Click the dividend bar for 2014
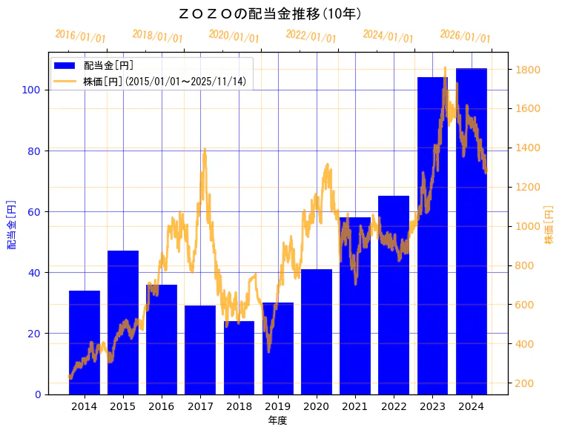[x=85, y=342]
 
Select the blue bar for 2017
[x=200, y=349]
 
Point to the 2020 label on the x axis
[x=317, y=406]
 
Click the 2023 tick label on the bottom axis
[x=432, y=406]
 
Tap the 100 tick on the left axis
[x=34, y=90]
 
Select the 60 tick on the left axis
[x=36, y=211]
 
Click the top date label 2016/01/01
[x=81, y=36]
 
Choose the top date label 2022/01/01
[x=311, y=36]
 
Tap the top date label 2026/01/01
[x=466, y=36]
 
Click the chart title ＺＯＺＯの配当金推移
[x=270, y=14]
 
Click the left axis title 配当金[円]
[x=11, y=224]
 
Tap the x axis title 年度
[x=277, y=420]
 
